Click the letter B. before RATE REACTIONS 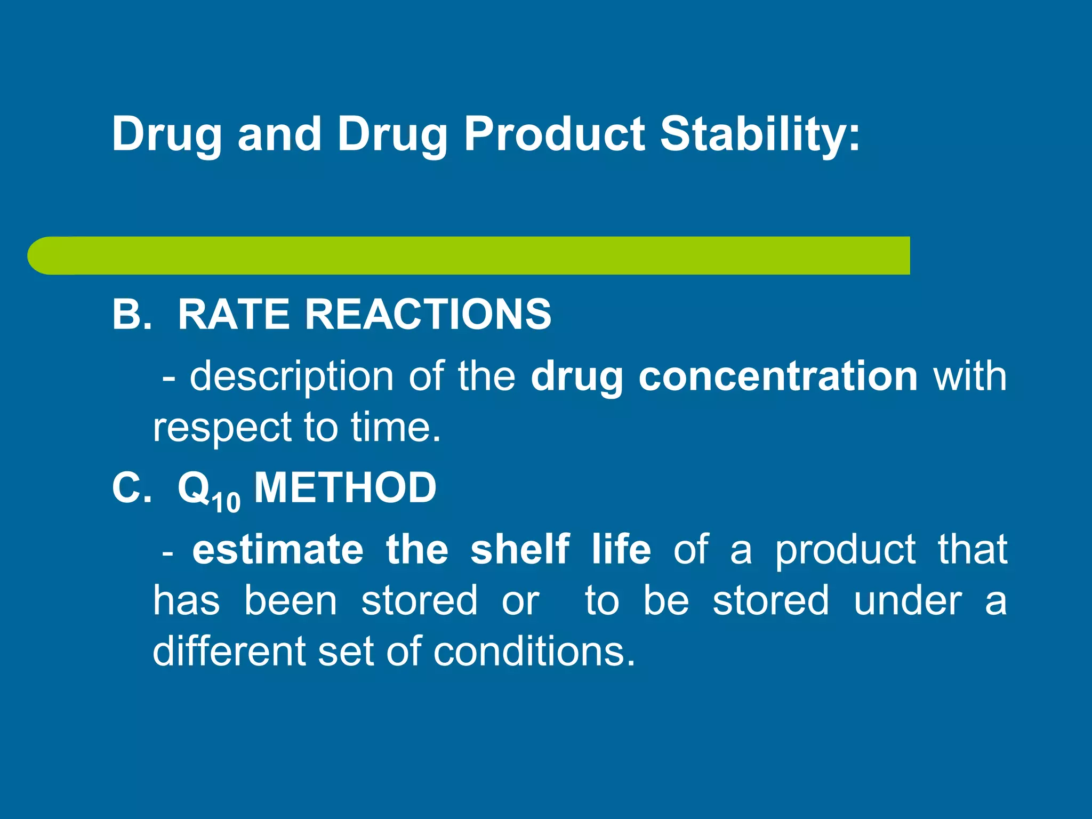point(131,315)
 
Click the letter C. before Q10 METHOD point(131,487)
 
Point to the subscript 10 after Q point(226,502)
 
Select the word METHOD point(345,487)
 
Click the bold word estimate point(278,550)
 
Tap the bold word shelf point(520,550)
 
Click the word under point(908,601)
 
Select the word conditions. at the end point(534,652)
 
